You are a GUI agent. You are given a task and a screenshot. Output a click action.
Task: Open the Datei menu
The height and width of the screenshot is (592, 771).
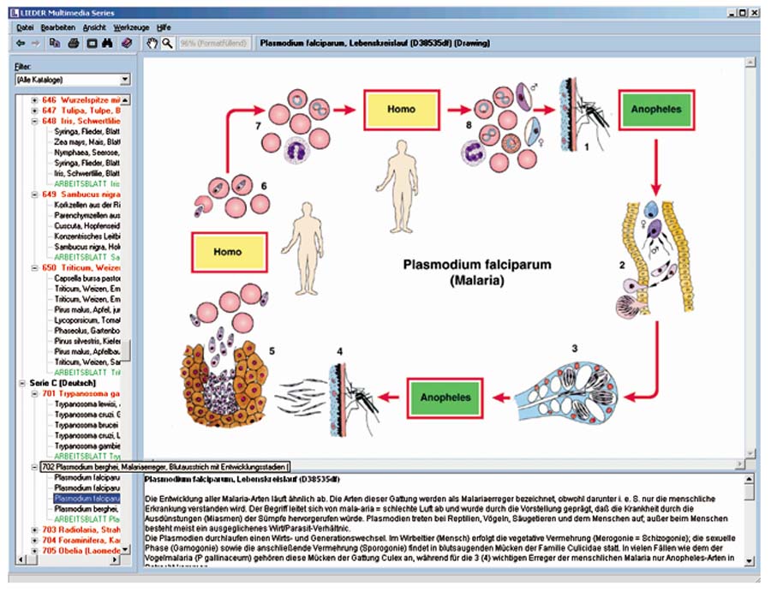click(x=24, y=27)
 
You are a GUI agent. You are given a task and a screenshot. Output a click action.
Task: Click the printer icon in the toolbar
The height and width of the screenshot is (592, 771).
click(x=74, y=42)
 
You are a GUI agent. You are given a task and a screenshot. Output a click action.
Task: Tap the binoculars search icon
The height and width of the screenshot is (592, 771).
click(x=108, y=42)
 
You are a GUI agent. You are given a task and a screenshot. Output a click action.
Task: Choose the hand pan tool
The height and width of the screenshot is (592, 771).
click(x=152, y=42)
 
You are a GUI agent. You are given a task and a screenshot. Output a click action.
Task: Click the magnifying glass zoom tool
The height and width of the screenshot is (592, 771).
click(x=167, y=42)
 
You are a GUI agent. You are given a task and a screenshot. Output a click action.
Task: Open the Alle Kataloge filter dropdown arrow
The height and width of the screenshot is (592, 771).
click(x=125, y=80)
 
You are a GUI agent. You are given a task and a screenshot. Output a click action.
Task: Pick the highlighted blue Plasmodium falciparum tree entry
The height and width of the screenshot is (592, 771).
click(x=87, y=498)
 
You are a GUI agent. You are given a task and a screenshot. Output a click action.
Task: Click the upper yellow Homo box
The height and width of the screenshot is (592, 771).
click(x=402, y=110)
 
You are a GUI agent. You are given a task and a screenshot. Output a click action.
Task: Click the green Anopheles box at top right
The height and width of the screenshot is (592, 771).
click(x=654, y=111)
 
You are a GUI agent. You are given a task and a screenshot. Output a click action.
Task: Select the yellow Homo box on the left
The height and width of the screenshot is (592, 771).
click(x=229, y=252)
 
